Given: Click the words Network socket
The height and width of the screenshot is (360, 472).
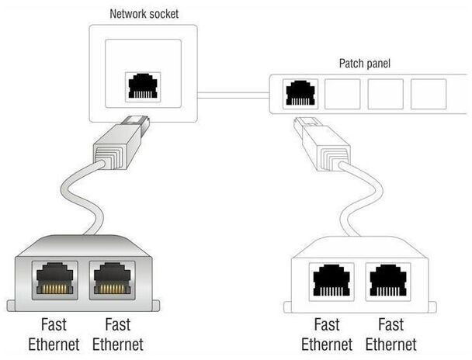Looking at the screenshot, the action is pyautogui.click(x=144, y=14).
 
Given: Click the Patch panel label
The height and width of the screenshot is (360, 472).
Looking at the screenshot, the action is pyautogui.click(x=365, y=63).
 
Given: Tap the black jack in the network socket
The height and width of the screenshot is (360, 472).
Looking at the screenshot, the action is pyautogui.click(x=143, y=85).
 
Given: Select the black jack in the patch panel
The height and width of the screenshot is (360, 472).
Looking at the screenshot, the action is pyautogui.click(x=300, y=93).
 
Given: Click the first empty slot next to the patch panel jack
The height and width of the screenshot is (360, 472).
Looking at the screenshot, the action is pyautogui.click(x=342, y=94).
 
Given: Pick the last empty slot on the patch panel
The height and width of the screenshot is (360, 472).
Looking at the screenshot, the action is pyautogui.click(x=429, y=94).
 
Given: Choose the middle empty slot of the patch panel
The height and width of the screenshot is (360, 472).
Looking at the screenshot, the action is pyautogui.click(x=386, y=94).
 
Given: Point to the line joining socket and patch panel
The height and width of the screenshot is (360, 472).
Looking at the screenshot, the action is pyautogui.click(x=234, y=95).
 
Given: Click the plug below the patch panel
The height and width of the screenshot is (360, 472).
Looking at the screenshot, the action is pyautogui.click(x=322, y=144).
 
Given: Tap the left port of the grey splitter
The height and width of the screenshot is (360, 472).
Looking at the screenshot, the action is pyautogui.click(x=55, y=280).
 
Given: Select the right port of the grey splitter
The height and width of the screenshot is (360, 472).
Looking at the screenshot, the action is pyautogui.click(x=113, y=280).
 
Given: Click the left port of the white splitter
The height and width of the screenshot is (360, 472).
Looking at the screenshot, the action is pyautogui.click(x=331, y=282).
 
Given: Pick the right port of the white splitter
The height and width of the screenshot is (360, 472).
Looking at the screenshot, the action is pyautogui.click(x=388, y=282).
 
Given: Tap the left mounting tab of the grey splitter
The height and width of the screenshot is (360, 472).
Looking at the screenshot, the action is pyautogui.click(x=11, y=306).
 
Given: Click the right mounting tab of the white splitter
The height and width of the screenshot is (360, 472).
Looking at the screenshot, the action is pyautogui.click(x=432, y=307).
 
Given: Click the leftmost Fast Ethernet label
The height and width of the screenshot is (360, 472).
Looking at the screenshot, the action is pyautogui.click(x=54, y=334).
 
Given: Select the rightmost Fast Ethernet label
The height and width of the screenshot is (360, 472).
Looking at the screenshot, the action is pyautogui.click(x=391, y=334).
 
